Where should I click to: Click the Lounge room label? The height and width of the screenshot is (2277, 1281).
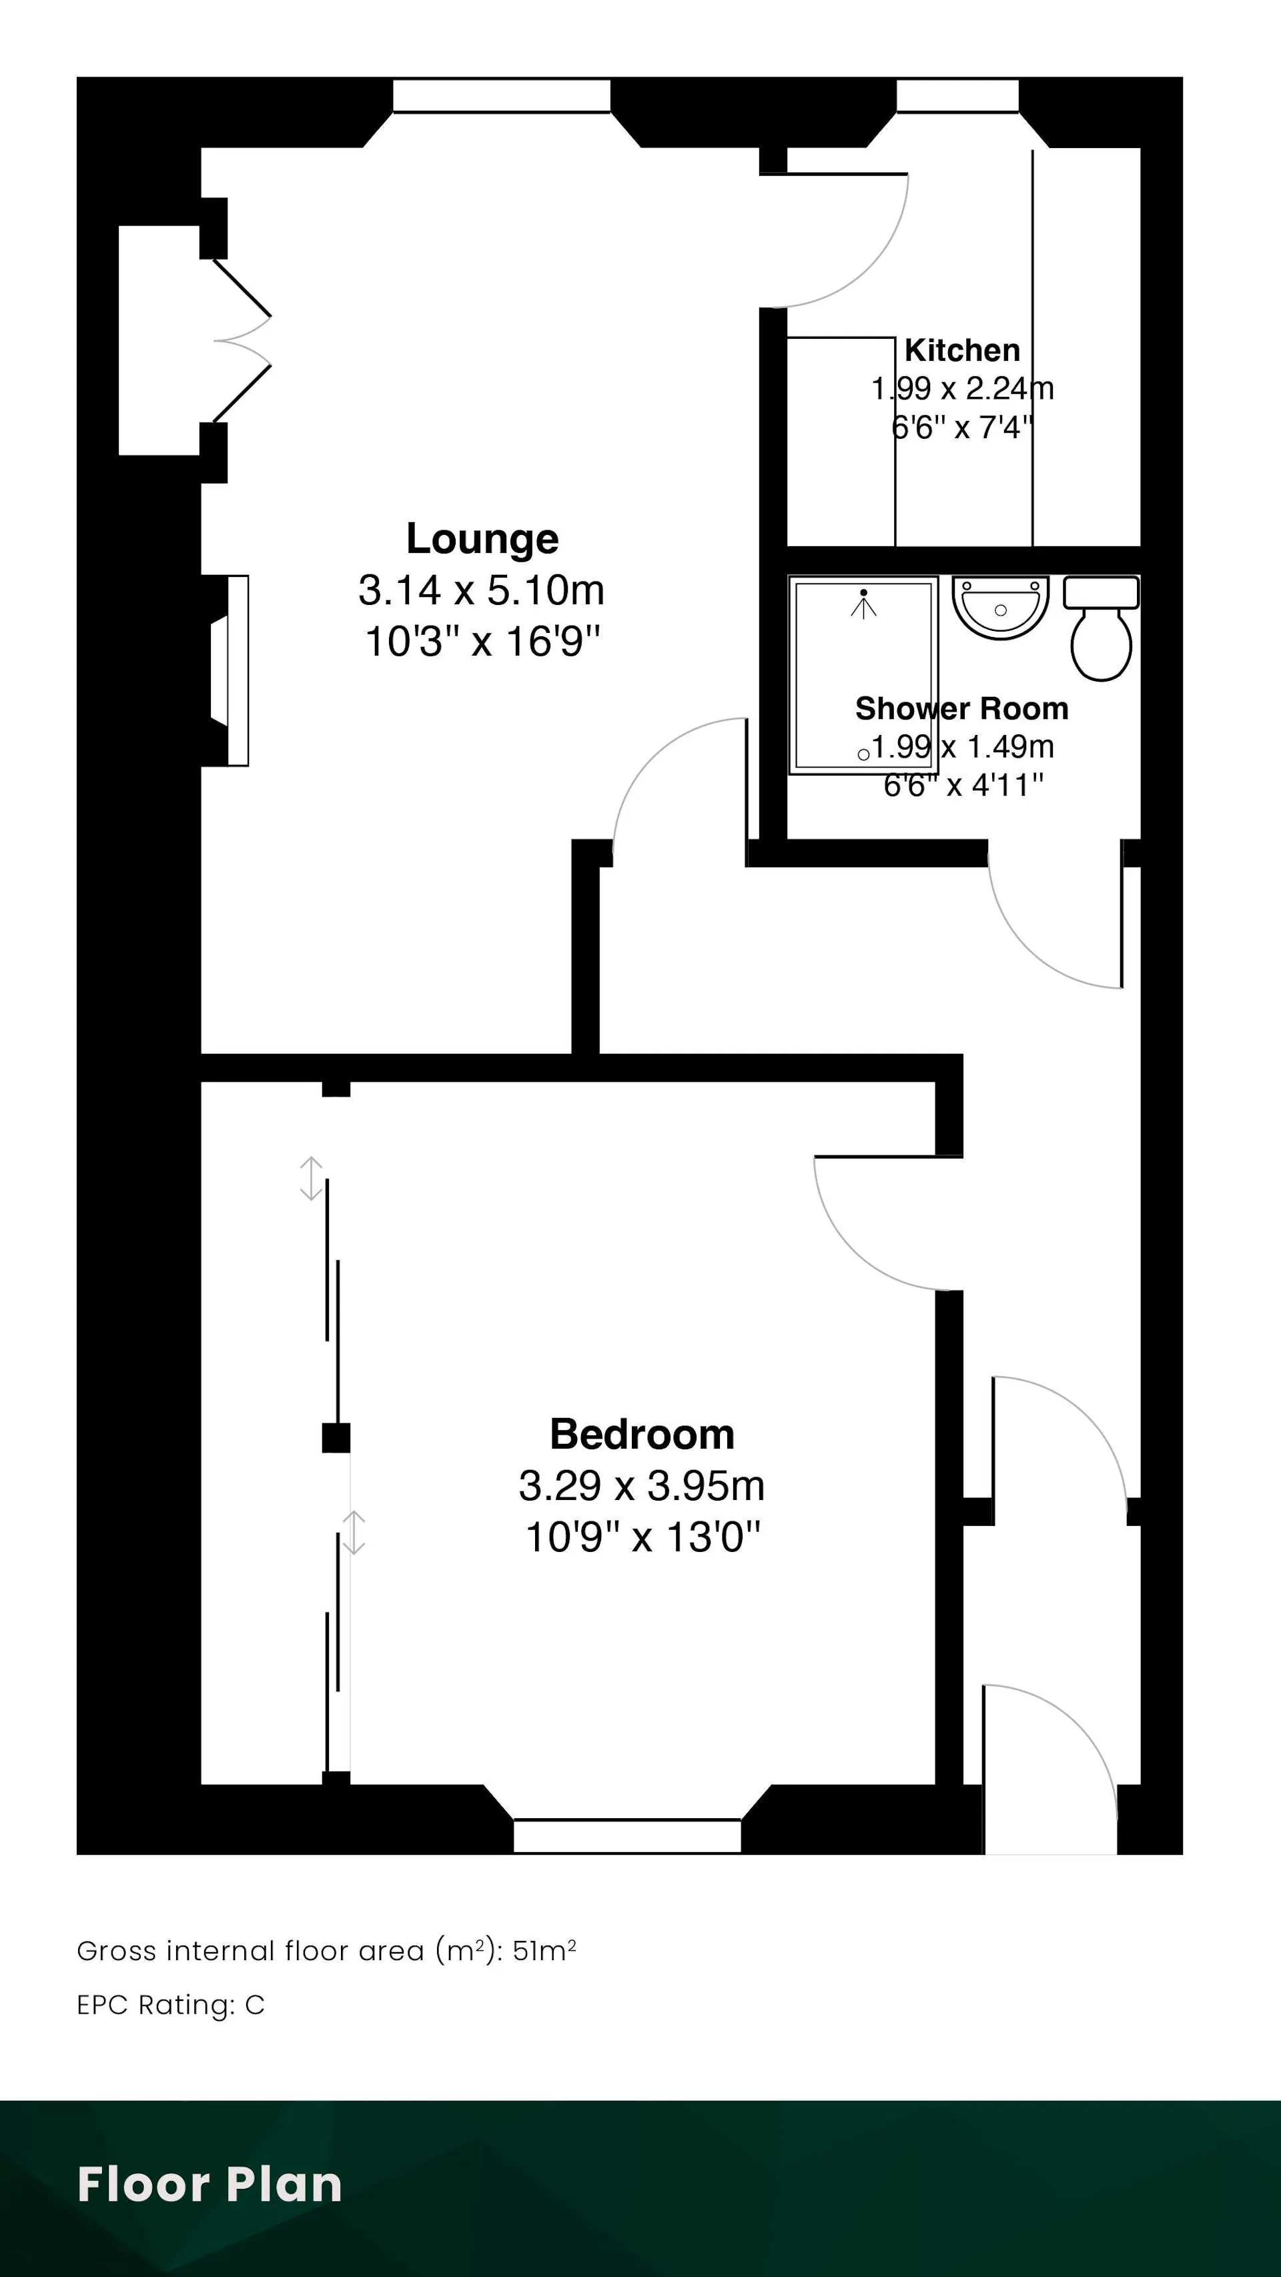(482, 538)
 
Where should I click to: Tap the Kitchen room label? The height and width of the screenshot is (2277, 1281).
(962, 350)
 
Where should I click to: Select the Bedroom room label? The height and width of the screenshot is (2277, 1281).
(642, 1434)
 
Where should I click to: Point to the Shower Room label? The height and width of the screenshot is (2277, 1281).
(962, 708)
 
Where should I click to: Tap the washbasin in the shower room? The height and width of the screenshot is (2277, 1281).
(1000, 607)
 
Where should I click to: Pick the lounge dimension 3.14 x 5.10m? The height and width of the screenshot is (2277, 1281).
(481, 590)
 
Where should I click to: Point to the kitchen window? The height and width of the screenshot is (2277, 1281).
(957, 96)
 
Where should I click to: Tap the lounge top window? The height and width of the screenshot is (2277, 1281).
(501, 96)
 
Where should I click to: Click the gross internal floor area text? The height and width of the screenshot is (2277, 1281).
(326, 1950)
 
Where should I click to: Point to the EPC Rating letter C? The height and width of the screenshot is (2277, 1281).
(255, 2005)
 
